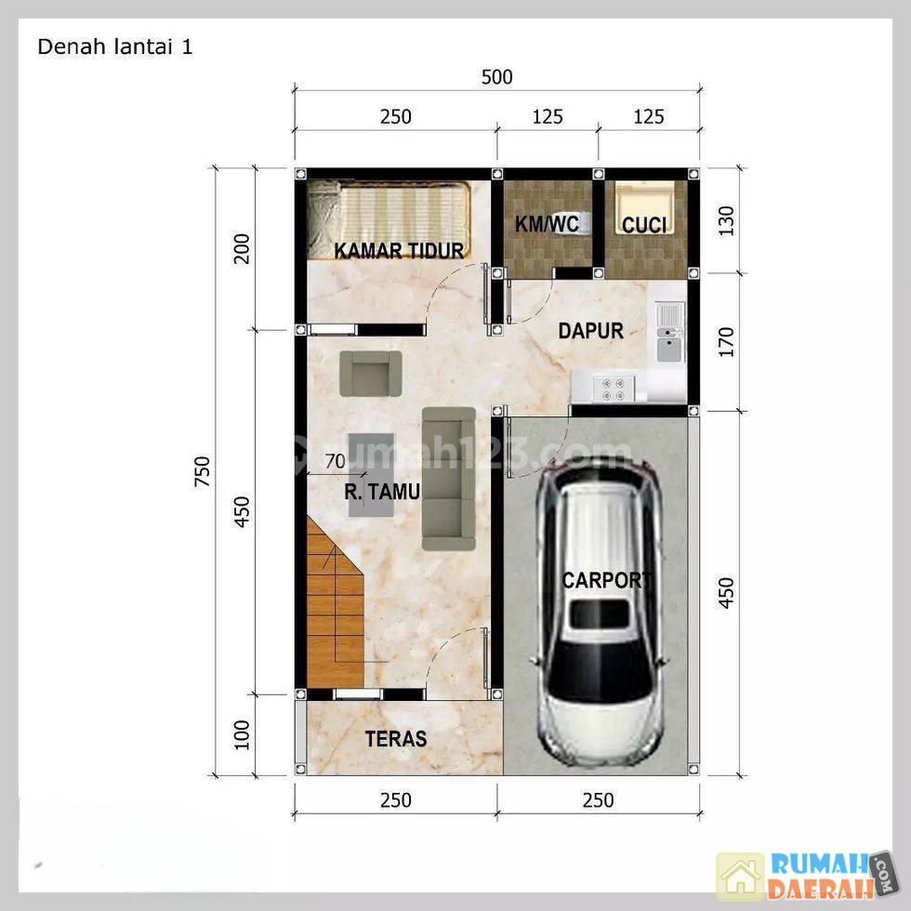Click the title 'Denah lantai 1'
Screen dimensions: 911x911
tap(114, 47)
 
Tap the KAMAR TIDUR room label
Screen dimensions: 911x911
tap(399, 250)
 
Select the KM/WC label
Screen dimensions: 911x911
tap(547, 224)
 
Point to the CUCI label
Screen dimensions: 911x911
tap(643, 225)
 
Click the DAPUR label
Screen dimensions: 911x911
tap(591, 331)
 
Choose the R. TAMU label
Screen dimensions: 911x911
tap(382, 492)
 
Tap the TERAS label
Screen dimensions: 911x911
tap(396, 738)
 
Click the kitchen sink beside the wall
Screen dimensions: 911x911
tap(670, 331)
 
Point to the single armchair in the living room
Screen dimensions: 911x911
tap(371, 374)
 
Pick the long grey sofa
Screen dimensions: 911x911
tap(448, 478)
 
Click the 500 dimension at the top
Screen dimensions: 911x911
tap(496, 76)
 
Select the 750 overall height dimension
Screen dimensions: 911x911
tap(202, 471)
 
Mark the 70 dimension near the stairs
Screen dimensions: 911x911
tap(336, 461)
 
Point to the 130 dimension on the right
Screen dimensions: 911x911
tap(726, 221)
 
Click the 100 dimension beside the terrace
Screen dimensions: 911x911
tap(241, 735)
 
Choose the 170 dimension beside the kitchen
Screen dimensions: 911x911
tap(726, 342)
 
